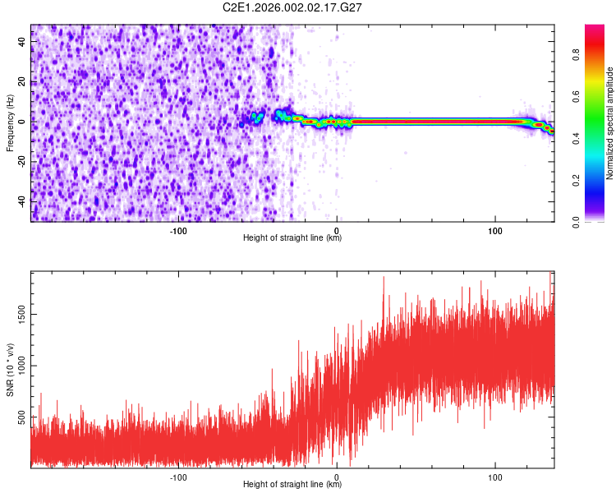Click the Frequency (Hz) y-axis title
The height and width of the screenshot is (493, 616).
point(10,123)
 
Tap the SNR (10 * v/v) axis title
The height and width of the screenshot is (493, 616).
point(10,370)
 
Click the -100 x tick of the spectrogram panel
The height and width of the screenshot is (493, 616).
point(178,229)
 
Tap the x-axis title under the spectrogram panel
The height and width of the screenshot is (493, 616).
point(292,238)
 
